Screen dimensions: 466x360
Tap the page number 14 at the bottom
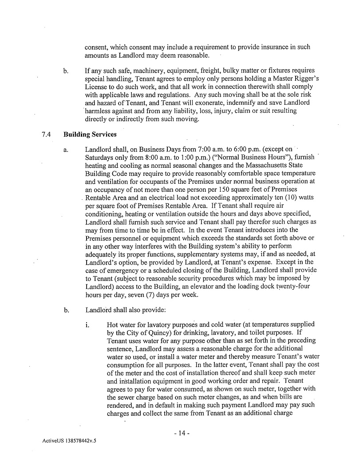tap(182, 432)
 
